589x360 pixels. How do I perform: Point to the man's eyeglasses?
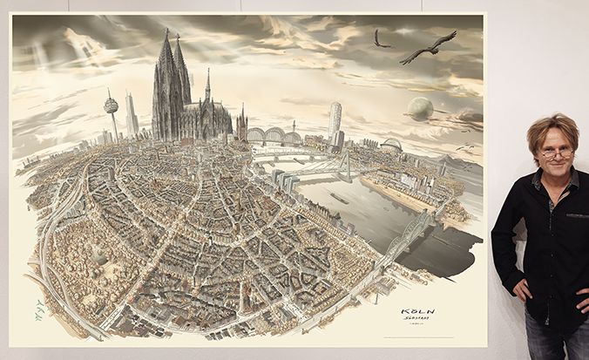(554, 153)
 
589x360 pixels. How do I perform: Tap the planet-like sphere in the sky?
(420, 109)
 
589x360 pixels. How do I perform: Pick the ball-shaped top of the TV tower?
(111, 105)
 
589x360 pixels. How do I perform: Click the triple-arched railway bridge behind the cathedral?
(274, 136)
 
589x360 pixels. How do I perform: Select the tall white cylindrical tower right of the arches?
(335, 121)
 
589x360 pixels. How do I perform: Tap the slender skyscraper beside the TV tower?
(132, 113)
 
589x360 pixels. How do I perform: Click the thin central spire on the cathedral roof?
(207, 88)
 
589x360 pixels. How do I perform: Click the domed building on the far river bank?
(392, 144)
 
